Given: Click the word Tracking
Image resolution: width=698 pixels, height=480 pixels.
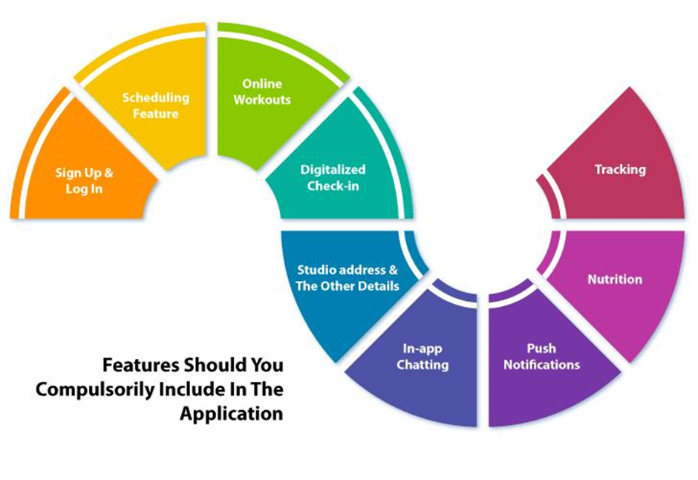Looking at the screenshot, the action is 620,169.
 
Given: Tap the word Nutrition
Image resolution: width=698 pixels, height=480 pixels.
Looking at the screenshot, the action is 615,279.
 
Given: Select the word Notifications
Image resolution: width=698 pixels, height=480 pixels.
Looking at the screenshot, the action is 542,365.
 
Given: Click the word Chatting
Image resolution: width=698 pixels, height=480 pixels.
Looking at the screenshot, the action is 423,365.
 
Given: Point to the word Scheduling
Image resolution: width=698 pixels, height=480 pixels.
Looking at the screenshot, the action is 156,98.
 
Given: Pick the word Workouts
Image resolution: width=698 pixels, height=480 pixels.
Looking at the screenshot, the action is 262,100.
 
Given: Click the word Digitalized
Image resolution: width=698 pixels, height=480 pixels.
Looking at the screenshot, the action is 333,169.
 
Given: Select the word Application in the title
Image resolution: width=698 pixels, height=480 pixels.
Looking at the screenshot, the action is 232,414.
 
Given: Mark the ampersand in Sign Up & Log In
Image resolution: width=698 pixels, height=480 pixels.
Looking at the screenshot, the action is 108,172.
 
